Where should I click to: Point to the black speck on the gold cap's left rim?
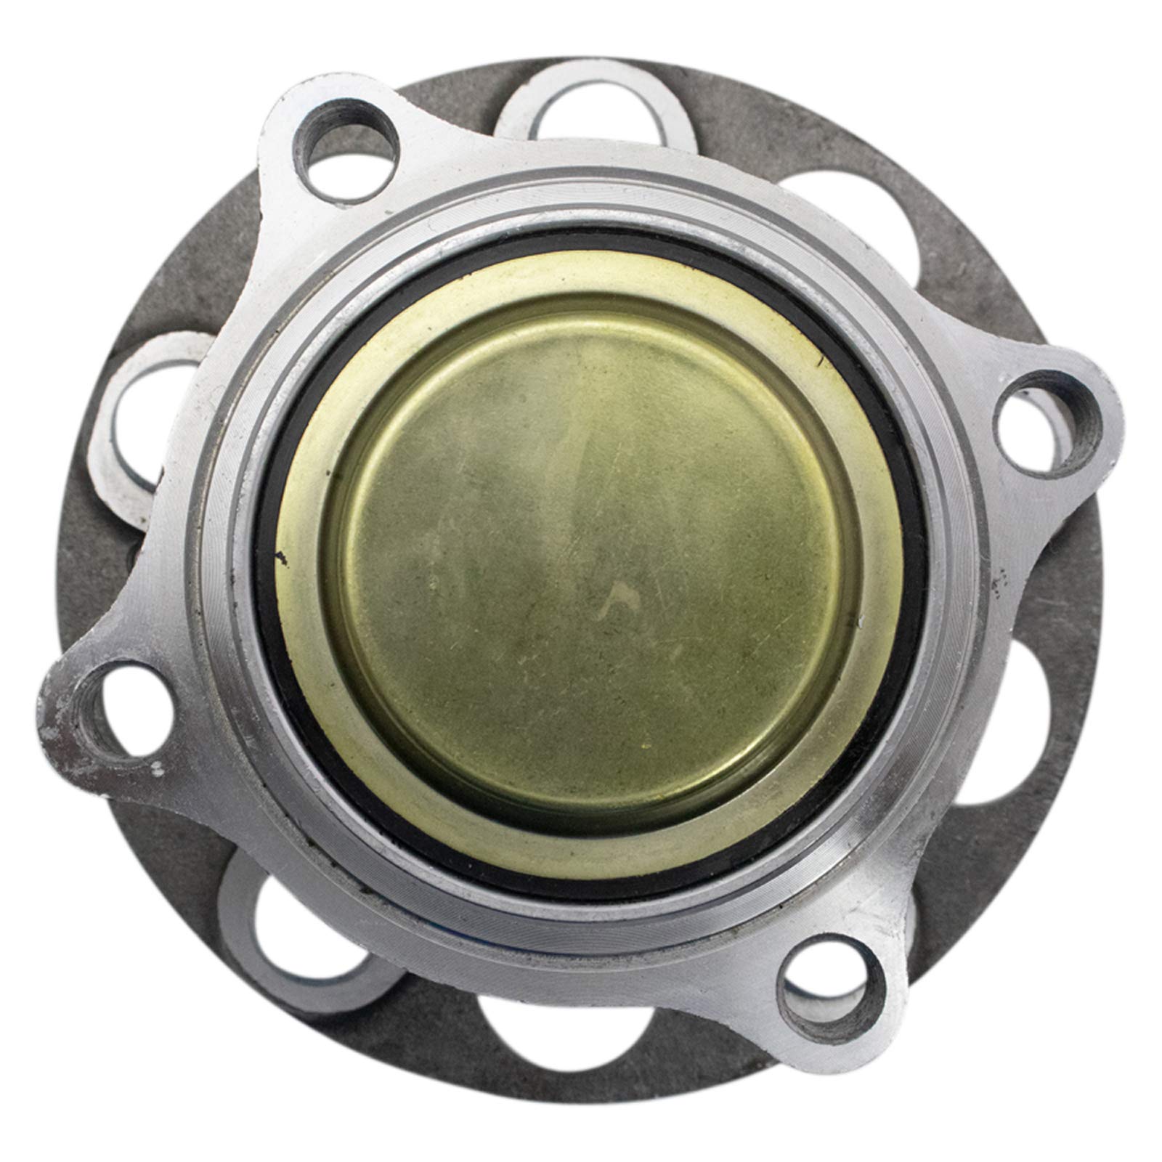pyautogui.click(x=280, y=558)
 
